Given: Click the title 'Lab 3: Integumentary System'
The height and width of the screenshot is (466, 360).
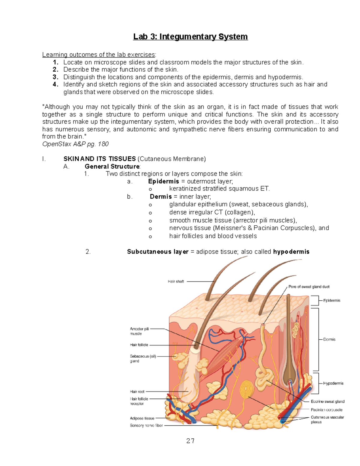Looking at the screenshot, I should (x=190, y=37).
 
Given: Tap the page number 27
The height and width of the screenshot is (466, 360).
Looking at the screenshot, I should (x=190, y=441).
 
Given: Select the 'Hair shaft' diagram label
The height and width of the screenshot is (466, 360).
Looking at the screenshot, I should (x=176, y=281).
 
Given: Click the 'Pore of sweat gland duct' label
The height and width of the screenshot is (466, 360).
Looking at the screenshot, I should (x=309, y=287).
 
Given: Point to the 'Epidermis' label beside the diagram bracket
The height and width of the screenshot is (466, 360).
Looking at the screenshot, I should (x=331, y=300).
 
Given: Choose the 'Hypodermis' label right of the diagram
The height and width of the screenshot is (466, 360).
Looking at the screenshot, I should (x=333, y=383).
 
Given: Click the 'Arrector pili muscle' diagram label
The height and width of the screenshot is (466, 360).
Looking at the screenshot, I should (x=139, y=331).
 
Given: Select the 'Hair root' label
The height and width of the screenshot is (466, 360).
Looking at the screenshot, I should (x=137, y=392).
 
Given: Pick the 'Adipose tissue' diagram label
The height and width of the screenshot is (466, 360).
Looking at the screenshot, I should (x=142, y=418).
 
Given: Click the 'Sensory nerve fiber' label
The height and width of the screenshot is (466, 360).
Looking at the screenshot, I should (x=146, y=425).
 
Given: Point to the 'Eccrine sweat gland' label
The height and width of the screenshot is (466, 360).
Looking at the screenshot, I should (x=327, y=401).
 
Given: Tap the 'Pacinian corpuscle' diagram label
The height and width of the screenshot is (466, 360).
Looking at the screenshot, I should (x=326, y=410).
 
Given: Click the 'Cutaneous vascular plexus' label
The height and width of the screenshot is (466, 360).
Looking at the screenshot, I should (x=327, y=419).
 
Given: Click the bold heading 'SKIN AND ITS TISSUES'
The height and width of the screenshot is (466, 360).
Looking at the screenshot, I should (x=100, y=159).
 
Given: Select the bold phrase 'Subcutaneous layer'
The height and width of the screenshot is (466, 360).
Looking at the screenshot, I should (x=157, y=252).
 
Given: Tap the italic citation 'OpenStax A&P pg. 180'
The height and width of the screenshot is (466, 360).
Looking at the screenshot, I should (x=75, y=144).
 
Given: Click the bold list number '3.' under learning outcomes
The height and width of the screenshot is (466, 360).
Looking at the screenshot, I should (x=55, y=77).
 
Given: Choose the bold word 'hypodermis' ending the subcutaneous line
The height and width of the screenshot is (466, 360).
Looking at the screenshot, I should (x=291, y=252).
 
